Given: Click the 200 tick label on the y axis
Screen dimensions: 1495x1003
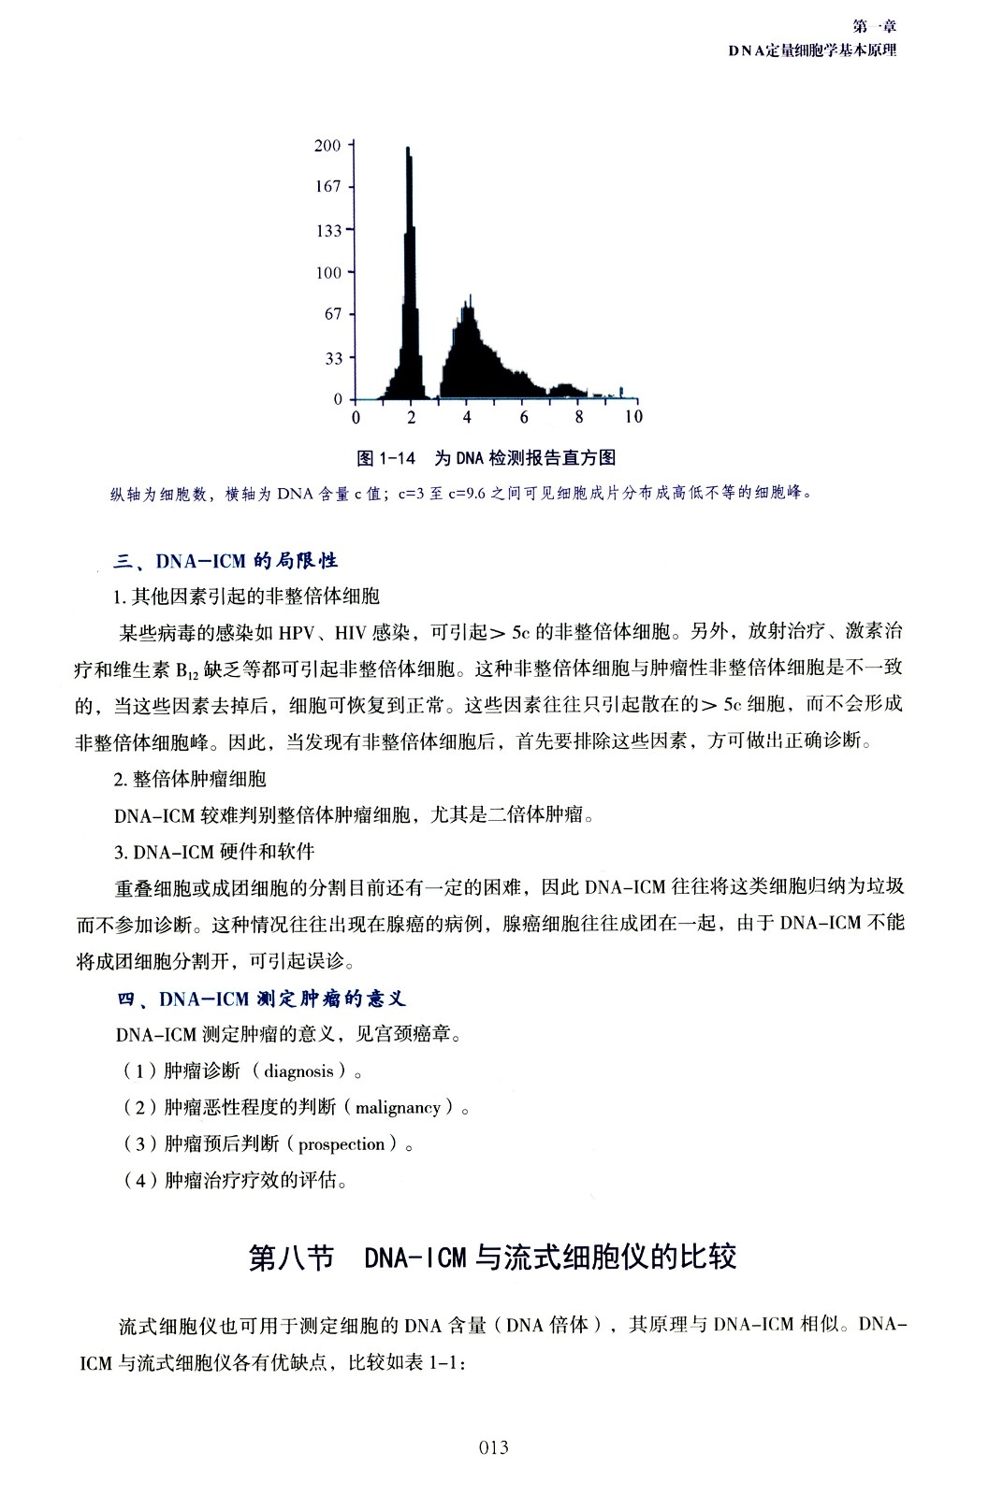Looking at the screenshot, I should (x=327, y=145).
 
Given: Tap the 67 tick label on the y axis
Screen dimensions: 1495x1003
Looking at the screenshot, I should (x=333, y=314).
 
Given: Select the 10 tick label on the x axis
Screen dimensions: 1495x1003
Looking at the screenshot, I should (x=633, y=417).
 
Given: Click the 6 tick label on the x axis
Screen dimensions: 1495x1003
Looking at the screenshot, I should (x=524, y=417).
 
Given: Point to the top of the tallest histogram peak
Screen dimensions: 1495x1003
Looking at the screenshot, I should (x=408, y=149).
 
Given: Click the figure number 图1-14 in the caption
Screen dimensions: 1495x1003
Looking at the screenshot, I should (x=385, y=458).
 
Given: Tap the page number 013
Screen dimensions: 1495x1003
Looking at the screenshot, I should (x=493, y=1448).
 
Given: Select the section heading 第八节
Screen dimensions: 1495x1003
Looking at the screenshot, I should (x=291, y=1258).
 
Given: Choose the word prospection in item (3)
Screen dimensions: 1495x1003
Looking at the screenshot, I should (x=342, y=1144).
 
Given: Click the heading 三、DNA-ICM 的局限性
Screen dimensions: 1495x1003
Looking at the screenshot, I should (x=225, y=561).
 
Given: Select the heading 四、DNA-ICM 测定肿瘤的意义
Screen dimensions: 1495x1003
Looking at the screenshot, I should (x=262, y=999).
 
